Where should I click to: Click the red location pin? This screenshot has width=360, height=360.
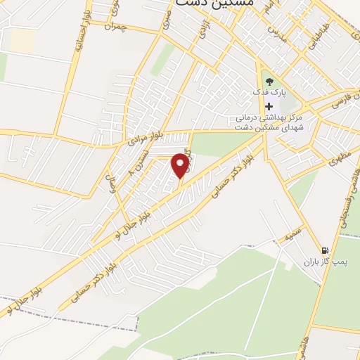(181, 166)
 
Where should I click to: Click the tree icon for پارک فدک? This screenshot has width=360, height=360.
(269, 82)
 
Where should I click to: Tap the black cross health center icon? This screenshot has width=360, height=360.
(269, 105)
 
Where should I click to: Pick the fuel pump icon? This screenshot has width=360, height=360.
(324, 250)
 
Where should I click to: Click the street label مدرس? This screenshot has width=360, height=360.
(279, 36)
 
